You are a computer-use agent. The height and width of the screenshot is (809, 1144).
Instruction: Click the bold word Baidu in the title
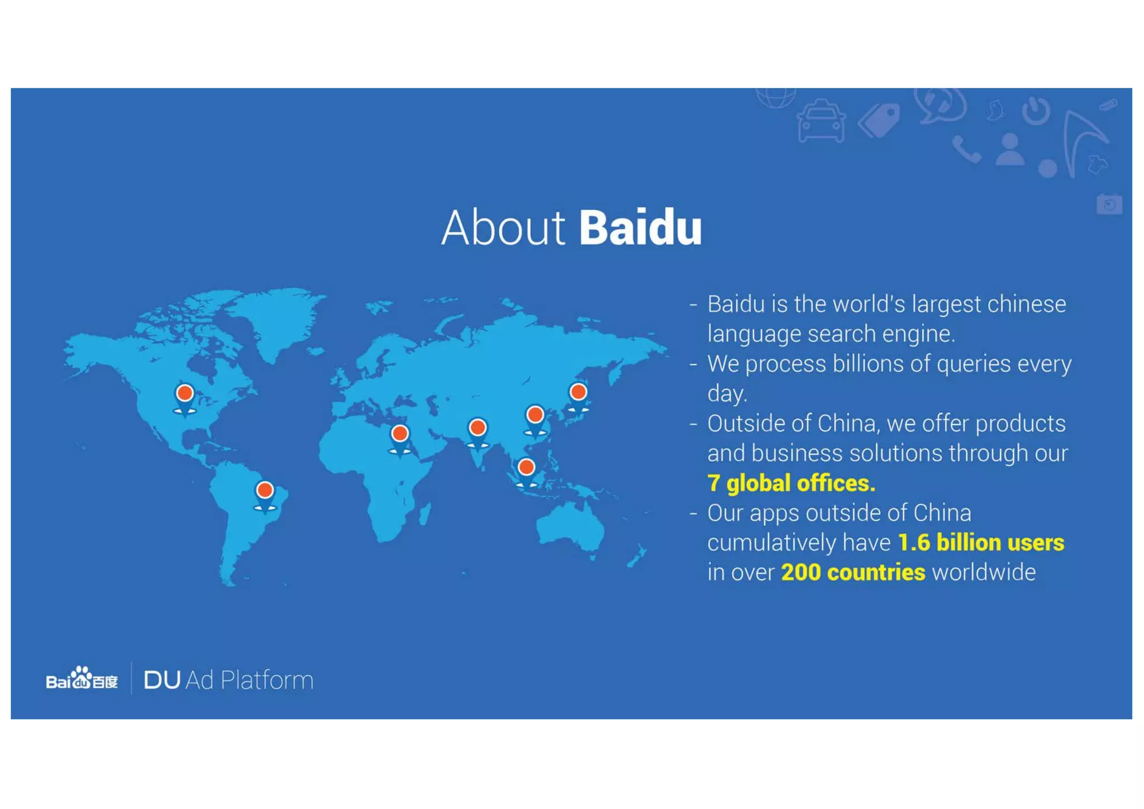pos(640,228)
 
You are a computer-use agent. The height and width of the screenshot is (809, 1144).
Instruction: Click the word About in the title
pos(503,228)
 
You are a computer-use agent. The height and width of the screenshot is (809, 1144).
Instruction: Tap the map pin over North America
pos(185,394)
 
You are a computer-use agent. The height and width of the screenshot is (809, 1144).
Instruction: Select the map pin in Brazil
pos(265,492)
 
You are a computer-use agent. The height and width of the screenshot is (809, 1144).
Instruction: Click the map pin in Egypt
pos(400,435)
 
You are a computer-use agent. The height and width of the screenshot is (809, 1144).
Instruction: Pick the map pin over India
pos(478,429)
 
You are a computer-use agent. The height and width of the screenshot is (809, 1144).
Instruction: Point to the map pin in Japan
pos(578,393)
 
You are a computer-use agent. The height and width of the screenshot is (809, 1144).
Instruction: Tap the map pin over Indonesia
pos(526,468)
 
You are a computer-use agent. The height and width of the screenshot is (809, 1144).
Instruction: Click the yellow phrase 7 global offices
pos(791,483)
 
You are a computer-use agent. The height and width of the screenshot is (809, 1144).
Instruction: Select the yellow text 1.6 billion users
pos(980,542)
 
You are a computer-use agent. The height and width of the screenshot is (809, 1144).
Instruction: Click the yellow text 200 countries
pos(853,573)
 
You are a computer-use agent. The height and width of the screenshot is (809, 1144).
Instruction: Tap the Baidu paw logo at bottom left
pos(82,678)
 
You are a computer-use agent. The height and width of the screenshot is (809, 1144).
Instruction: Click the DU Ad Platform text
pos(228,680)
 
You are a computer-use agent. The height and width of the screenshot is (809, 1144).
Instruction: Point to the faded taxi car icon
pos(821,121)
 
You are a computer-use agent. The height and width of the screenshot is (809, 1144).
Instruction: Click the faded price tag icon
pos(880,120)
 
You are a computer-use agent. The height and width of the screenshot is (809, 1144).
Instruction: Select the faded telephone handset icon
pos(966,149)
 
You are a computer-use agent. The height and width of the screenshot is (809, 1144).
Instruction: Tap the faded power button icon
pos(1036,111)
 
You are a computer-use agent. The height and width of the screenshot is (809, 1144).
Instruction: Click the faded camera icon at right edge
pos(1109,204)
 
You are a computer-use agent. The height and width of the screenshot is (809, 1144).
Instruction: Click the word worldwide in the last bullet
pos(984,573)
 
